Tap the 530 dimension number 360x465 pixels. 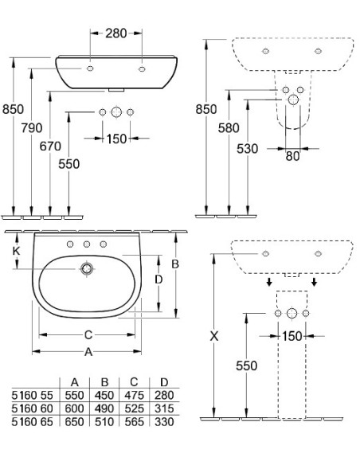click(246, 148)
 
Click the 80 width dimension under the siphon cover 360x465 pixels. click(293, 157)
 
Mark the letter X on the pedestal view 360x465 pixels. click(213, 336)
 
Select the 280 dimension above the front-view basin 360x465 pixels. click(116, 33)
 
